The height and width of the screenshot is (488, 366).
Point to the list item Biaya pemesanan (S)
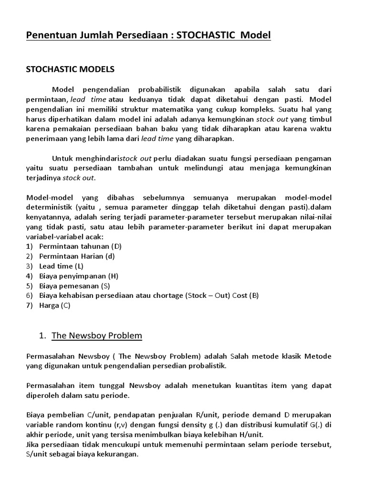75,286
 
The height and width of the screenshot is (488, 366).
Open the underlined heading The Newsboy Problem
96,335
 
